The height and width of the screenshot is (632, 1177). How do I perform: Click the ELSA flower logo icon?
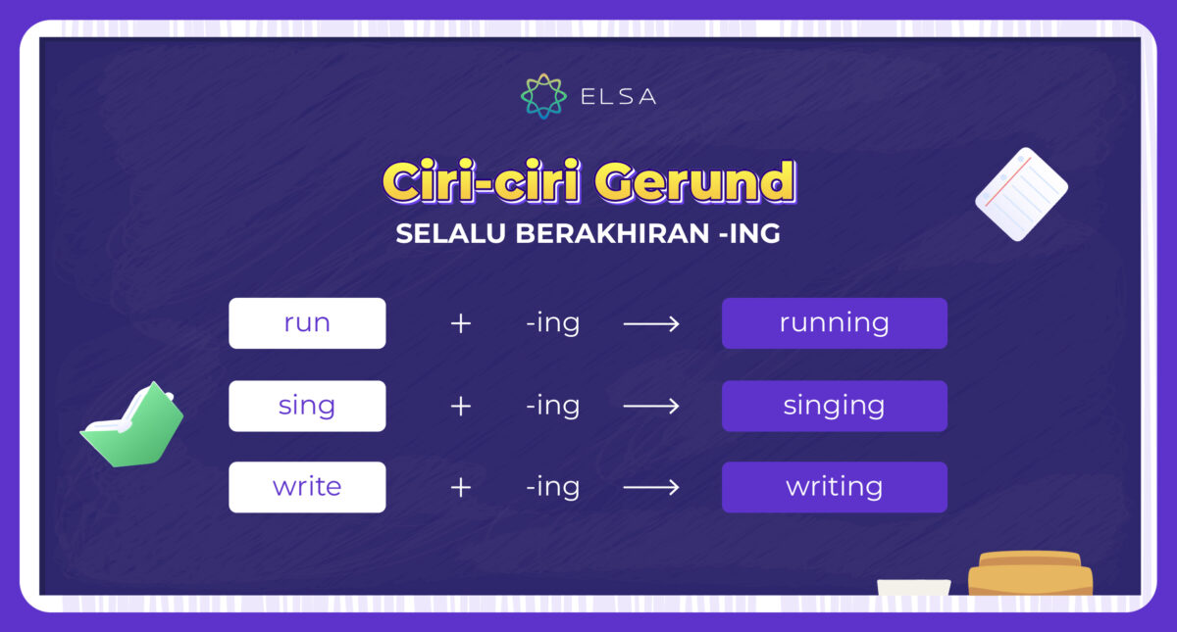pyautogui.click(x=543, y=95)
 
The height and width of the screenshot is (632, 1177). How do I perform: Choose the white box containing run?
pyautogui.click(x=307, y=323)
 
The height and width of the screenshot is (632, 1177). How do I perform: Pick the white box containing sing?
pyautogui.click(x=307, y=406)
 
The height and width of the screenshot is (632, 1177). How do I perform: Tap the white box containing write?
pyautogui.click(x=307, y=487)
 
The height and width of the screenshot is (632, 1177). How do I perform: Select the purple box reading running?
pyautogui.click(x=834, y=323)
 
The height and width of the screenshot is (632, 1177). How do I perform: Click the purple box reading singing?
pyautogui.click(x=834, y=406)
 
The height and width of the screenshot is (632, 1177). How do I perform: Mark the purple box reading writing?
pyautogui.click(x=834, y=487)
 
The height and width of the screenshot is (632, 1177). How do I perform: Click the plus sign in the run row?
pyautogui.click(x=461, y=323)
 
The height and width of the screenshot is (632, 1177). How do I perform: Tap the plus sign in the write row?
pyautogui.click(x=461, y=487)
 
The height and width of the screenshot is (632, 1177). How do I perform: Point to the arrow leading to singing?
pyautogui.click(x=651, y=406)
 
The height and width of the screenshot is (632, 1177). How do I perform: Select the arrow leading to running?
pyautogui.click(x=651, y=323)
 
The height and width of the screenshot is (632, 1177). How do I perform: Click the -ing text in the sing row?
pyautogui.click(x=552, y=406)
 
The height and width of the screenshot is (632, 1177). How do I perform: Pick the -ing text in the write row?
pyautogui.click(x=552, y=487)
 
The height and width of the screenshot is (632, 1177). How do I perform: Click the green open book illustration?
pyautogui.click(x=132, y=426)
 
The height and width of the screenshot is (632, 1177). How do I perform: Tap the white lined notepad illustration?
pyautogui.click(x=1021, y=194)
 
